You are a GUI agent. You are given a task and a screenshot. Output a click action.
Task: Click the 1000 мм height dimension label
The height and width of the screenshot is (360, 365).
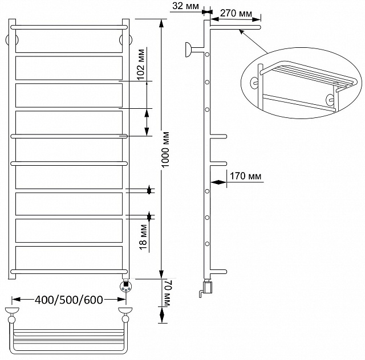pyautogui.click(x=165, y=150)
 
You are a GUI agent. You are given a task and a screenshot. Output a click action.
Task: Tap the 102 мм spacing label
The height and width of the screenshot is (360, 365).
pyautogui.click(x=141, y=64)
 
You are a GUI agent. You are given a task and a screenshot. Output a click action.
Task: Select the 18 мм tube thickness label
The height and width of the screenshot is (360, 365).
pyautogui.click(x=143, y=237)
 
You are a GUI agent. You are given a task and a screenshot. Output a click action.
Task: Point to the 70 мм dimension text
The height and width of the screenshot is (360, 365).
pyautogui.click(x=168, y=293)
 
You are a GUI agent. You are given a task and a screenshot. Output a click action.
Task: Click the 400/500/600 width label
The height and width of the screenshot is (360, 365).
pyautogui.click(x=69, y=300)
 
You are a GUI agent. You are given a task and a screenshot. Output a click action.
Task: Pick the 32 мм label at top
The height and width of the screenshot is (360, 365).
pyautogui.click(x=185, y=6)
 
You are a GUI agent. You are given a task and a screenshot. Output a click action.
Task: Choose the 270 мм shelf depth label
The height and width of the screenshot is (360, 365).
pyautogui.click(x=236, y=13)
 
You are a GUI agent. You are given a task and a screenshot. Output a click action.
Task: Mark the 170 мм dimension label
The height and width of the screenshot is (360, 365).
pyautogui.click(x=246, y=176)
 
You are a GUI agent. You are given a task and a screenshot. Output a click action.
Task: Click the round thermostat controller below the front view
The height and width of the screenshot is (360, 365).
pyautogui.click(x=125, y=286)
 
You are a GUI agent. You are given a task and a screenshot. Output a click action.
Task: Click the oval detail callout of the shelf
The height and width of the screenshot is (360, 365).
pyautogui.click(x=301, y=83)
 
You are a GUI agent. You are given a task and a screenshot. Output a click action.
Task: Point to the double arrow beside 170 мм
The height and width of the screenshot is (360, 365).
pyautogui.click(x=218, y=182)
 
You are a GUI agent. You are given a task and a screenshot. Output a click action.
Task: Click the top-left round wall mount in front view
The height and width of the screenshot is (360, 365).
pyautogui.click(x=11, y=39)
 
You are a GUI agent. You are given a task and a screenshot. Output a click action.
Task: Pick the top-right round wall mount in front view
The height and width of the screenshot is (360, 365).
pyautogui.click(x=125, y=39)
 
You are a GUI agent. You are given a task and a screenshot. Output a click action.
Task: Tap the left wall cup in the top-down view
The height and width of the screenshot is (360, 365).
pyautogui.click(x=12, y=310)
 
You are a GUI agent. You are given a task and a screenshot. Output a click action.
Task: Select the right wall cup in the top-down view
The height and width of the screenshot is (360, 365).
pyautogui.click(x=125, y=310)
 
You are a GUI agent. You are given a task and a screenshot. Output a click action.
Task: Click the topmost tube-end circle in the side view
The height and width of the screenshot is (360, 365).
pyautogui.click(x=207, y=55)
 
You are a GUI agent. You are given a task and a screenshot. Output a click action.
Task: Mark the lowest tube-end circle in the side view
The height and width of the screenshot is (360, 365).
pyautogui.click(x=207, y=244)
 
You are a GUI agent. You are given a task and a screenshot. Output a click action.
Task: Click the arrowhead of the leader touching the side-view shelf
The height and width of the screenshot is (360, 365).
pyautogui.click(x=242, y=32)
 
